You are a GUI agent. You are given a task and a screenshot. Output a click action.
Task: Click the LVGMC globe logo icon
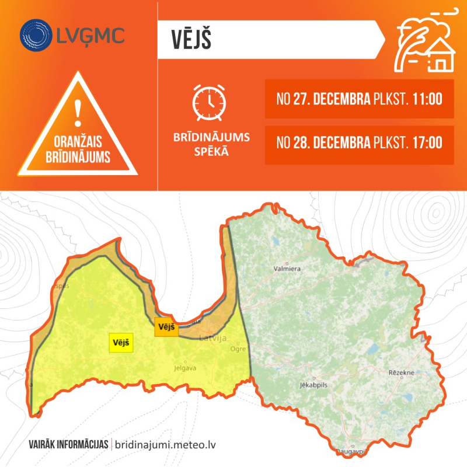coord(36,34)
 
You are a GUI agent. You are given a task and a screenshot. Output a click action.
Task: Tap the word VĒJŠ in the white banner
coord(191,40)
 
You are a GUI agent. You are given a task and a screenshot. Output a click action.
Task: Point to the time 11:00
coord(427,99)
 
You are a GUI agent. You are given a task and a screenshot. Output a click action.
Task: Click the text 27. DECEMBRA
coord(331,99)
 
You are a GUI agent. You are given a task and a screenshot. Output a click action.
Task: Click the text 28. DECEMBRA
coord(331,142)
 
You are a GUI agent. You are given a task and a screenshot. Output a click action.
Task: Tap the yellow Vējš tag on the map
coord(121,343)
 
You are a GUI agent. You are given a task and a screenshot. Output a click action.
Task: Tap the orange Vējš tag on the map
coord(166,327)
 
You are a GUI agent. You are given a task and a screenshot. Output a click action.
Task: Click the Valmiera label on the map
coord(287,269)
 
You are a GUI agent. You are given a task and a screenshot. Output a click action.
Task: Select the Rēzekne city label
coord(401,372)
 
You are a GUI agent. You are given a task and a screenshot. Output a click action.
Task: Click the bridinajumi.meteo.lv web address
coord(166,444)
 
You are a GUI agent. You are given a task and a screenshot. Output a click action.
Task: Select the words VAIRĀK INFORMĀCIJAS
coord(68,444)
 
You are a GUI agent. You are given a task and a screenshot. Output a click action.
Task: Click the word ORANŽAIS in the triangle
coord(78,142)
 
